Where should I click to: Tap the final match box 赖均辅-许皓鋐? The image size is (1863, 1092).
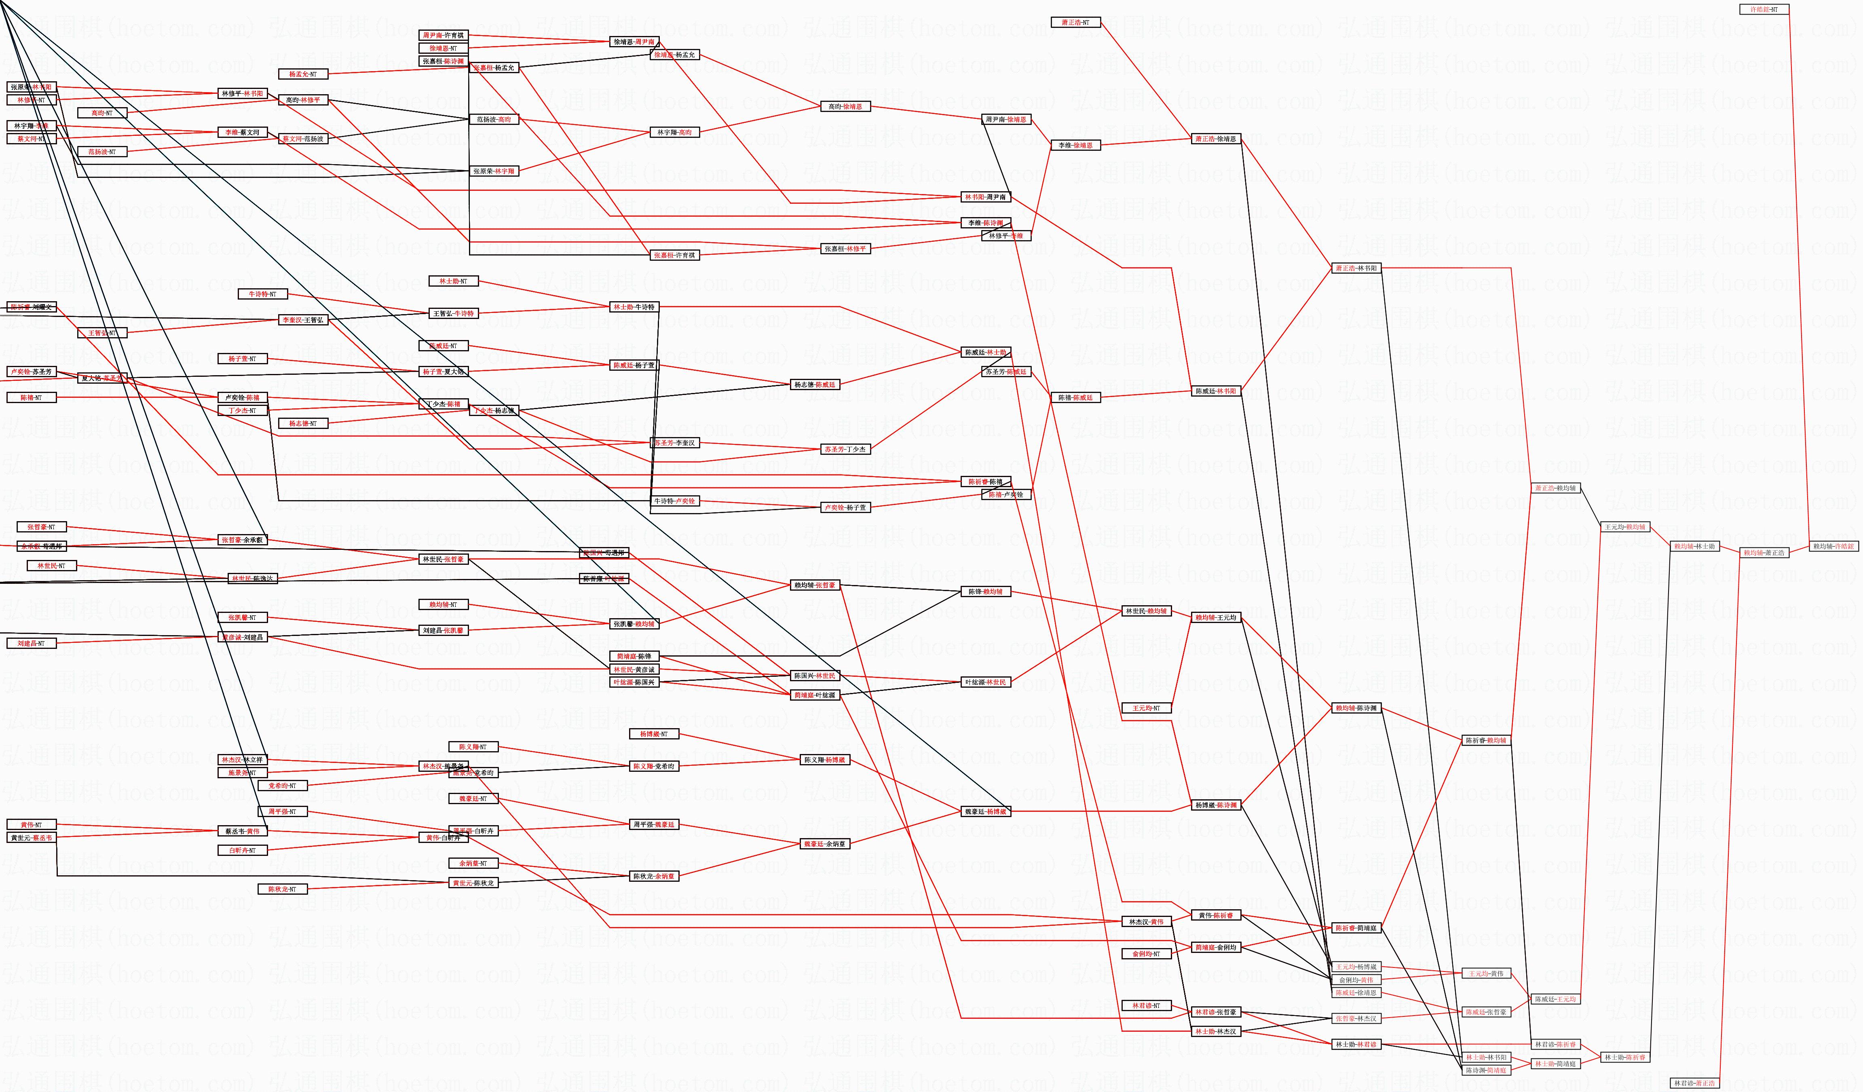click(1833, 546)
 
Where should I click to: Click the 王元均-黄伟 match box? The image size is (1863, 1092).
click(1486, 974)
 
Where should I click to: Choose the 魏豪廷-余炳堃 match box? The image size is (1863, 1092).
click(824, 844)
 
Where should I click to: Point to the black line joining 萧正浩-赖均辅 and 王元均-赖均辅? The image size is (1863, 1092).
click(1589, 508)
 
